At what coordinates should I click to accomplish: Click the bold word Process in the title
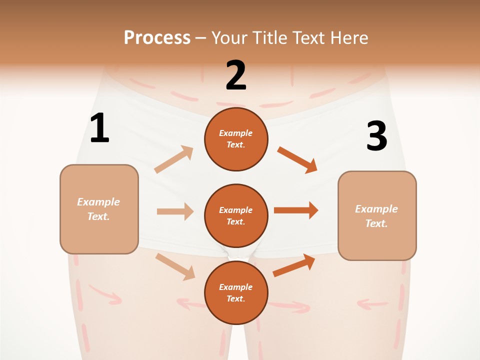157,37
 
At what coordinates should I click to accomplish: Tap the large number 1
99,128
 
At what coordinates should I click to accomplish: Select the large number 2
236,75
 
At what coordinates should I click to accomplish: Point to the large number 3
376,136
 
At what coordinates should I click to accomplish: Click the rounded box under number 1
99,209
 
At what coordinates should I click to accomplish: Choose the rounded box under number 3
377,215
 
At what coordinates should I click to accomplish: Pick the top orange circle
236,139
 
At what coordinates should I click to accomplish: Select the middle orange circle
236,215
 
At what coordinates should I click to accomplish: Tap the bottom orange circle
236,292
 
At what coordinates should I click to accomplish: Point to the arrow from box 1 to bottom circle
175,266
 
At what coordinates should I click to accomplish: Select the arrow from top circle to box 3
297,159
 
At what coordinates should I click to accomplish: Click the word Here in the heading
349,37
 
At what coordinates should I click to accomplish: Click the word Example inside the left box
98,202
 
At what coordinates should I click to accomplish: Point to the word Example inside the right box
376,209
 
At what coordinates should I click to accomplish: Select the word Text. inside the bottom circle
235,298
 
